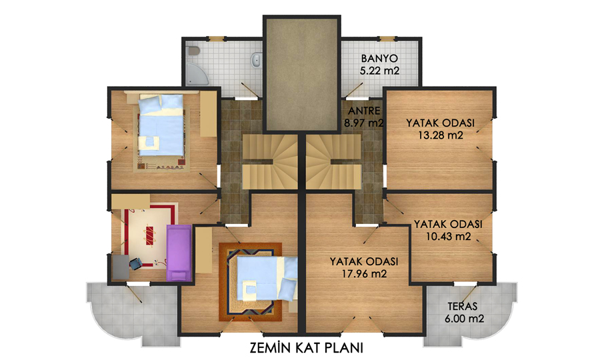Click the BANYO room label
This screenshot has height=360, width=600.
pos(379,59)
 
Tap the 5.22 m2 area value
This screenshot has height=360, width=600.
pos(379,71)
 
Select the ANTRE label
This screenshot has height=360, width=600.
pos(364,111)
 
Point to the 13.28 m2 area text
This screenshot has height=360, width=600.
pos(440,135)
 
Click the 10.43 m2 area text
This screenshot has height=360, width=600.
pos(449,237)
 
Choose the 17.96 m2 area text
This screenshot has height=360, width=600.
pos(364,273)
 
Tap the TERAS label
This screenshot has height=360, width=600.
pos(463,307)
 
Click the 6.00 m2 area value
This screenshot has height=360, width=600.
pos(465,318)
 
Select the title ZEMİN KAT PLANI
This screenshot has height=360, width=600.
pos(306,348)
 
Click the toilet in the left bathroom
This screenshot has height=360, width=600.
pos(193,51)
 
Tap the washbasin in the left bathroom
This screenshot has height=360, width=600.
pos(257,59)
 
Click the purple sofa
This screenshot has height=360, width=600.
pos(179,253)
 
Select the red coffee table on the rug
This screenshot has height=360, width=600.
pos(149,235)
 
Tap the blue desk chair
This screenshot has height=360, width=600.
pos(135,263)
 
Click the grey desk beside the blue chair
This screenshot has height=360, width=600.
pos(121,267)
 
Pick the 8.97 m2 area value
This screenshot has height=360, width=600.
pos(363,123)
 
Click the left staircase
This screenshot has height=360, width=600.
pos(270,161)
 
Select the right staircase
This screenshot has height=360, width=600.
pos(334,161)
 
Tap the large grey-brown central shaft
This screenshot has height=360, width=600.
pos(302,74)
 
